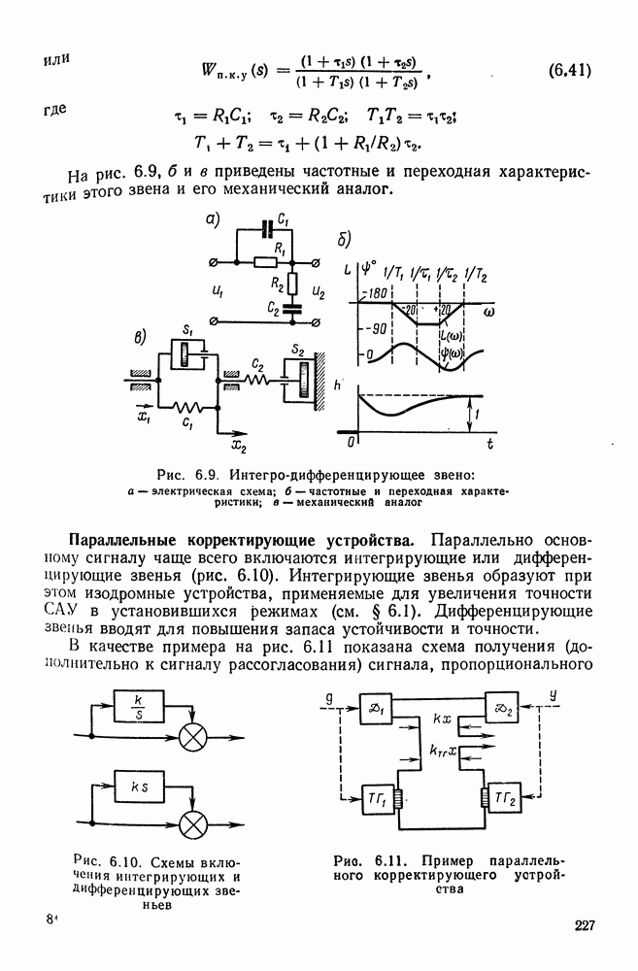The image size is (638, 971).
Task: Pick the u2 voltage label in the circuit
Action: click(x=319, y=290)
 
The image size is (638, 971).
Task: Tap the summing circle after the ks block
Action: click(x=195, y=823)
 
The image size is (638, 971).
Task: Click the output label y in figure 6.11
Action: click(x=552, y=694)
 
